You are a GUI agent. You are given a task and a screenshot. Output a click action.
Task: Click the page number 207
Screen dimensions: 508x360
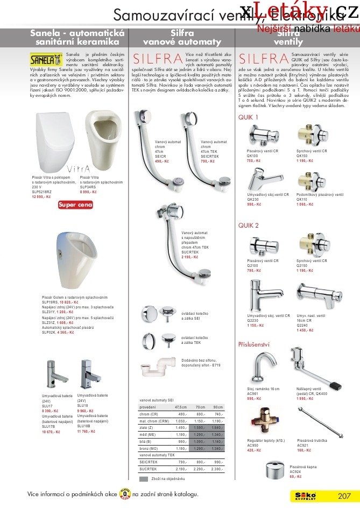(x=344, y=496)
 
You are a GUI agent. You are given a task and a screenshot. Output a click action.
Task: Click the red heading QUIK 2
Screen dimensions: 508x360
(x=249, y=225)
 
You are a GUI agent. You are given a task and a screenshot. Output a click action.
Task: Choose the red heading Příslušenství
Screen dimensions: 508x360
(x=253, y=343)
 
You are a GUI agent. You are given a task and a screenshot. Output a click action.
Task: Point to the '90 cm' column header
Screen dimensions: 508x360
(x=217, y=407)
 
